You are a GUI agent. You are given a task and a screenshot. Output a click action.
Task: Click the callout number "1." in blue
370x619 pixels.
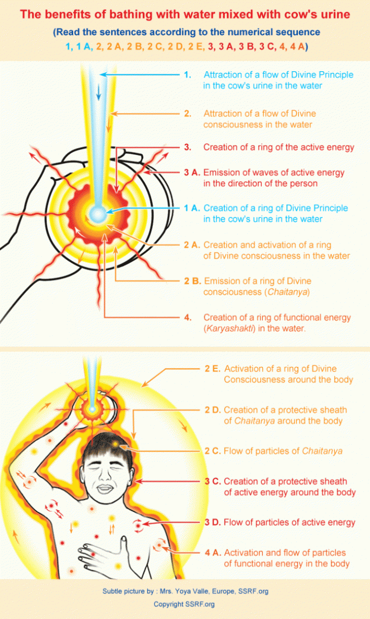coord(188,75)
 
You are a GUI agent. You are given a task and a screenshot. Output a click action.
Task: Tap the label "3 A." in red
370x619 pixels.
coord(192,173)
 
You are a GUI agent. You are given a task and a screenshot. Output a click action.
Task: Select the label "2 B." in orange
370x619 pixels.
coord(192,281)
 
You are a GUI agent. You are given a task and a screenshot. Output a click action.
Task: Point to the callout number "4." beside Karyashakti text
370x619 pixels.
coord(188,318)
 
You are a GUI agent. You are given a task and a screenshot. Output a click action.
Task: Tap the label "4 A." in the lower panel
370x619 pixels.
coord(213,553)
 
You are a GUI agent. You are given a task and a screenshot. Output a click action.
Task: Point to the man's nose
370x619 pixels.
coord(104,477)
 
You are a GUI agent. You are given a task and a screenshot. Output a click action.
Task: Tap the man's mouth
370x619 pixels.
coord(105,489)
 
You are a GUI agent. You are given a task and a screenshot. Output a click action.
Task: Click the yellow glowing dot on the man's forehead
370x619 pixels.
coord(115,445)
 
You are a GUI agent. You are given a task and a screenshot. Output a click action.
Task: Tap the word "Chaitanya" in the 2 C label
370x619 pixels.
coord(322,451)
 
